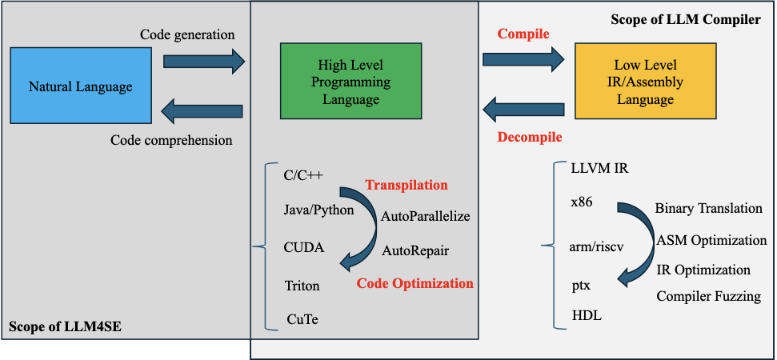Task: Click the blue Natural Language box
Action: coord(80,86)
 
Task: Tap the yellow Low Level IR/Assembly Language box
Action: coord(644,82)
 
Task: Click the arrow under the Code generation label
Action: coord(203,61)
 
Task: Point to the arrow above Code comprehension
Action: coord(203,110)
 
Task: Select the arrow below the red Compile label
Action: coord(523,58)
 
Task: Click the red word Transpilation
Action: coord(407,185)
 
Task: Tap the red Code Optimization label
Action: coord(415,283)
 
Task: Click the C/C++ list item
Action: coord(303,176)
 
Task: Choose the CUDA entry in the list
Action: coord(304,247)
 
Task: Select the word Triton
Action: coord(302,285)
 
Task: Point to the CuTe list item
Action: coord(303,320)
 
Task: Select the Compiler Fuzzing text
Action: coord(708,297)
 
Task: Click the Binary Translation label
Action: coord(708,208)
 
